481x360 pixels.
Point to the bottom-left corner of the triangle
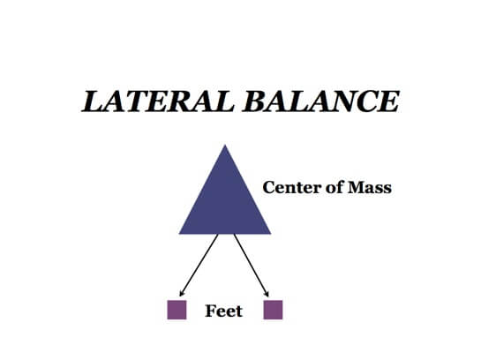pyautogui.click(x=180, y=233)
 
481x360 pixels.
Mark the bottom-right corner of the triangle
pyautogui.click(x=270, y=233)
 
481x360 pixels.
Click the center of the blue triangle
pyautogui.click(x=225, y=205)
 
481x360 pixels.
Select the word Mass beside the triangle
pyautogui.click(x=371, y=187)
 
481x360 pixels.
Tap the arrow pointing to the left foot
pyautogui.click(x=198, y=265)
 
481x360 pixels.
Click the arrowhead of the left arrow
pyautogui.click(x=181, y=293)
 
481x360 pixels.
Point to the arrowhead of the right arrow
pyautogui.click(x=268, y=293)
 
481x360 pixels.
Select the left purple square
pyautogui.click(x=177, y=310)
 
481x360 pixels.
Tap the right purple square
pyautogui.click(x=273, y=310)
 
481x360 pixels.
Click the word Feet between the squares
pyautogui.click(x=223, y=311)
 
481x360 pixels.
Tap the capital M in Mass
pyautogui.click(x=356, y=187)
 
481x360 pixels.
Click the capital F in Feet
pyautogui.click(x=210, y=311)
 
